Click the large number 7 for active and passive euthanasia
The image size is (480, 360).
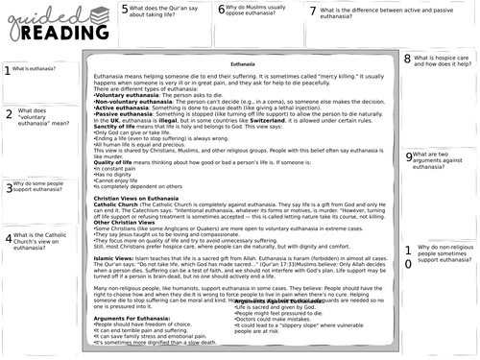click(x=314, y=12)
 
